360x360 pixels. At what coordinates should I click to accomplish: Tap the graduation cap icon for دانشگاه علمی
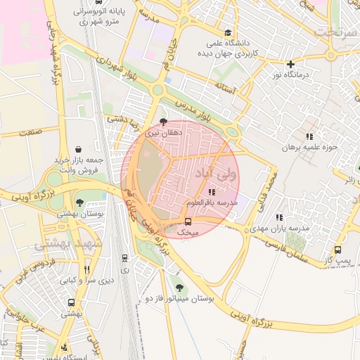[x=227, y=32]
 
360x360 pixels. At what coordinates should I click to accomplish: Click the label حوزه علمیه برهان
[x=310, y=148]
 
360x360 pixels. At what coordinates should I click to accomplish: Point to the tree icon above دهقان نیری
[x=164, y=121]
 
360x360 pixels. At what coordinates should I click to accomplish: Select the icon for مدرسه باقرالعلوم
[x=212, y=192]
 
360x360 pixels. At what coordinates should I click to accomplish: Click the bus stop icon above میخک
[x=187, y=221]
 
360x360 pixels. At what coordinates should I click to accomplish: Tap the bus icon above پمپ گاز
[x=338, y=250]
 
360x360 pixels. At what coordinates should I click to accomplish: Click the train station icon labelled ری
[x=125, y=258]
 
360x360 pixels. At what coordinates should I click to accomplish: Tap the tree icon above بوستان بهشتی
[x=79, y=202]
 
